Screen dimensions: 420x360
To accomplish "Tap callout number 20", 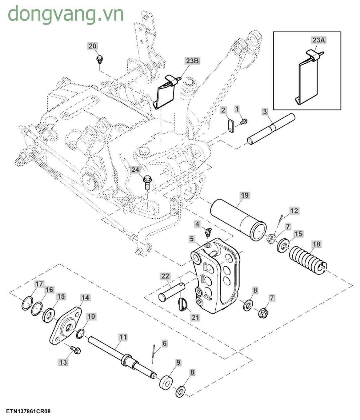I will pyautogui.click(x=93, y=46).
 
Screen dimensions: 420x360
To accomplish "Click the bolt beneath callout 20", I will pyautogui.click(x=99, y=58).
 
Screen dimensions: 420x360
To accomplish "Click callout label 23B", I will pyautogui.click(x=192, y=61).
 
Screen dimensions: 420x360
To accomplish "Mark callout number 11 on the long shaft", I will pyautogui.click(x=123, y=337).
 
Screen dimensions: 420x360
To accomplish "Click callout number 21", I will pyautogui.click(x=195, y=317).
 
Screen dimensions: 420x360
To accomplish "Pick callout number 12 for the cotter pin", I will pyautogui.click(x=294, y=211).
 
